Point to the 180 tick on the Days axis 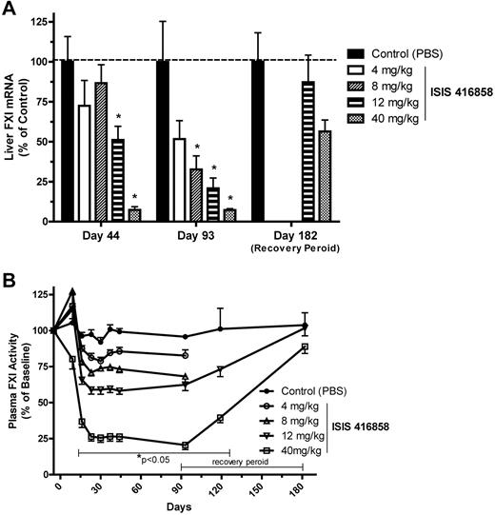click(x=303, y=487)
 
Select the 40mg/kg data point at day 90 click(x=185, y=446)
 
